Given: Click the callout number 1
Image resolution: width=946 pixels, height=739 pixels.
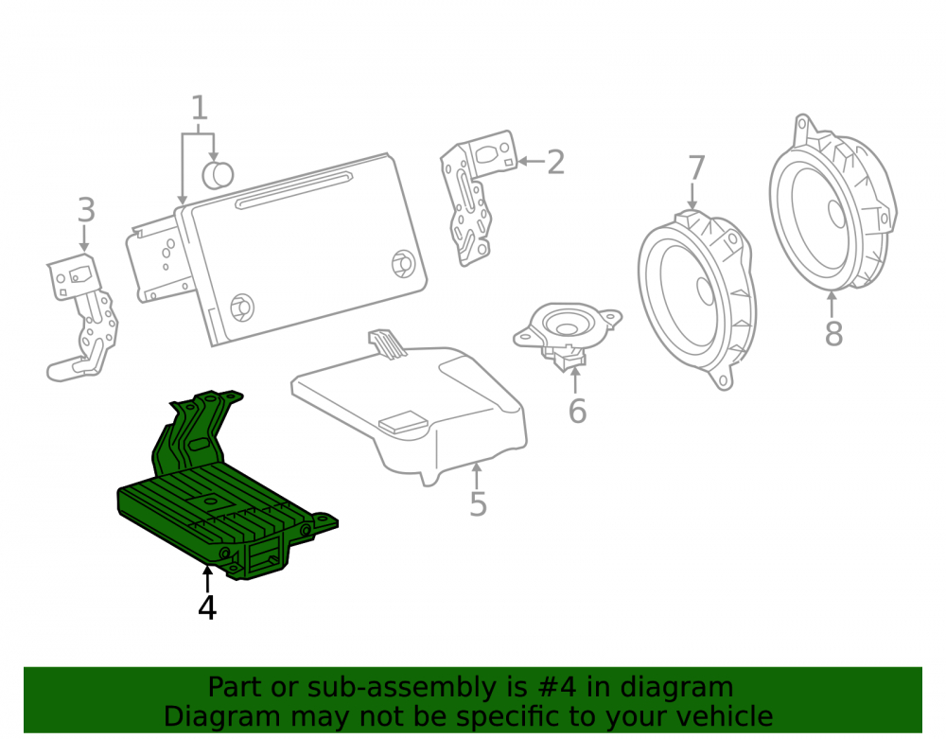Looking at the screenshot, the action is [200, 108].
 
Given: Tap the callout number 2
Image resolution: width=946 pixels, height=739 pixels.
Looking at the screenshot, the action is [555, 162].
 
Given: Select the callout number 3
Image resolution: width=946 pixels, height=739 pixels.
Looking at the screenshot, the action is [86, 210].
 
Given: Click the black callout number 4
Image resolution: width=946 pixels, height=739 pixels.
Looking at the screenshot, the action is [207, 607].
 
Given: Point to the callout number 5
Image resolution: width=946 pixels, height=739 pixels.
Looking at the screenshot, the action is [478, 503].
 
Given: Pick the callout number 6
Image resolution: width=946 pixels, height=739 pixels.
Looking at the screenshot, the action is [577, 411].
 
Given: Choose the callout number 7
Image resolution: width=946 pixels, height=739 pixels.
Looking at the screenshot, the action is [696, 167].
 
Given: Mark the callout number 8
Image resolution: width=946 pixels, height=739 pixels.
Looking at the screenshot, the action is [833, 333].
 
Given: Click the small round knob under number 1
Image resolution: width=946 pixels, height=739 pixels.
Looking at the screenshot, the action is [218, 175].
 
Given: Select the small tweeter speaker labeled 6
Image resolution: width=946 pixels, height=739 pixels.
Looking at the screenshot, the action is [567, 334].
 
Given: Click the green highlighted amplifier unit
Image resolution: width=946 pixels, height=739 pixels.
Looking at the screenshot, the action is [226, 488].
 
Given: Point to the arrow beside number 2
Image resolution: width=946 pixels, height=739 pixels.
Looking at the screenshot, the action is [532, 161].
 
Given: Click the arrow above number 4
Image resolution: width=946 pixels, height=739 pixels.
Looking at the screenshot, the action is [207, 578].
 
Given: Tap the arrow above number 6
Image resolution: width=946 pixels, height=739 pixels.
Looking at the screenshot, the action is [575, 381].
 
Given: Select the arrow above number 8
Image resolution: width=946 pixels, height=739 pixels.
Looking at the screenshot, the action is [832, 305].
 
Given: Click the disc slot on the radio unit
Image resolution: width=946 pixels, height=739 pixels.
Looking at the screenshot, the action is [294, 190].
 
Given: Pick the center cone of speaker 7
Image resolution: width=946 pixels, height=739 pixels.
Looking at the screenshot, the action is [706, 290].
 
